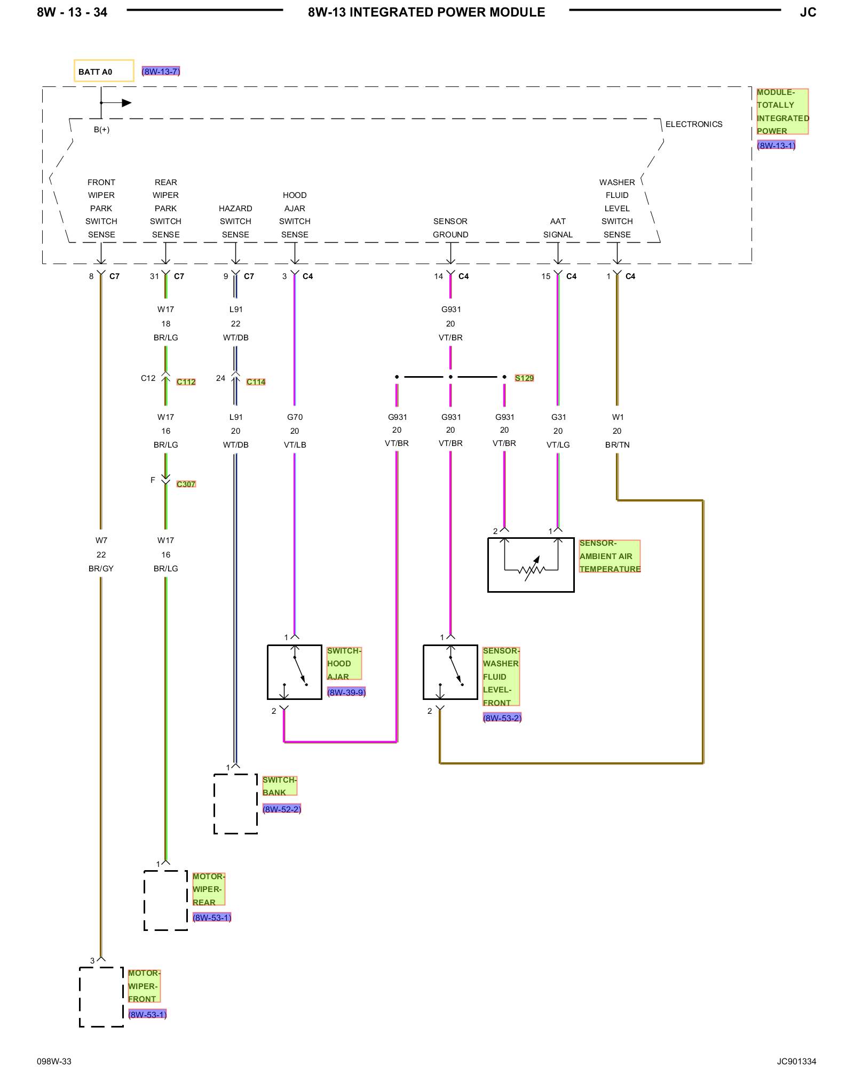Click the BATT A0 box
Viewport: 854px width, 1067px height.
pyautogui.click(x=104, y=70)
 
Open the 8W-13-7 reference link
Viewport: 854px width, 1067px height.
pyautogui.click(x=161, y=71)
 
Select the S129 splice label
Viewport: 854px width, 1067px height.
pyautogui.click(x=524, y=378)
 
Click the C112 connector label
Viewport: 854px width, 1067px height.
pyautogui.click(x=186, y=381)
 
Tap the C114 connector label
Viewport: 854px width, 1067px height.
pyautogui.click(x=256, y=381)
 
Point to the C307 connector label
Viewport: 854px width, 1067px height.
pyautogui.click(x=186, y=484)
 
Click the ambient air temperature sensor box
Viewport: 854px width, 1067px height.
pyautogui.click(x=531, y=564)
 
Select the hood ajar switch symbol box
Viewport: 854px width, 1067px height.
pyautogui.click(x=295, y=672)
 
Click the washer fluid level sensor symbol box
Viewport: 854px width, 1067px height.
pyautogui.click(x=450, y=672)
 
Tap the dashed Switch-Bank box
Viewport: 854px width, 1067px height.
pyautogui.click(x=235, y=803)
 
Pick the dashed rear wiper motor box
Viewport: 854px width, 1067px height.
pyautogui.click(x=165, y=900)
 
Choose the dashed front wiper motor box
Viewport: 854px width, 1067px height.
pyautogui.click(x=101, y=997)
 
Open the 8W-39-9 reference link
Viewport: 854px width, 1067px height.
pyautogui.click(x=346, y=692)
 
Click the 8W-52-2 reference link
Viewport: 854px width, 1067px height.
pyautogui.click(x=282, y=809)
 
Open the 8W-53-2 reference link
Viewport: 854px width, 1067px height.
pyautogui.click(x=502, y=718)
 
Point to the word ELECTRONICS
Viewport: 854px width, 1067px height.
pyautogui.click(x=694, y=124)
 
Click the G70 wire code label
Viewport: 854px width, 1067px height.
pyautogui.click(x=295, y=417)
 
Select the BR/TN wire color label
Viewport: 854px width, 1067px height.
pyautogui.click(x=618, y=444)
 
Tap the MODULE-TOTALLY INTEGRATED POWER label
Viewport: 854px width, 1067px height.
pyautogui.click(x=782, y=112)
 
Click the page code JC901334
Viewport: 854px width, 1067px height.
pyautogui.click(x=796, y=1061)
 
